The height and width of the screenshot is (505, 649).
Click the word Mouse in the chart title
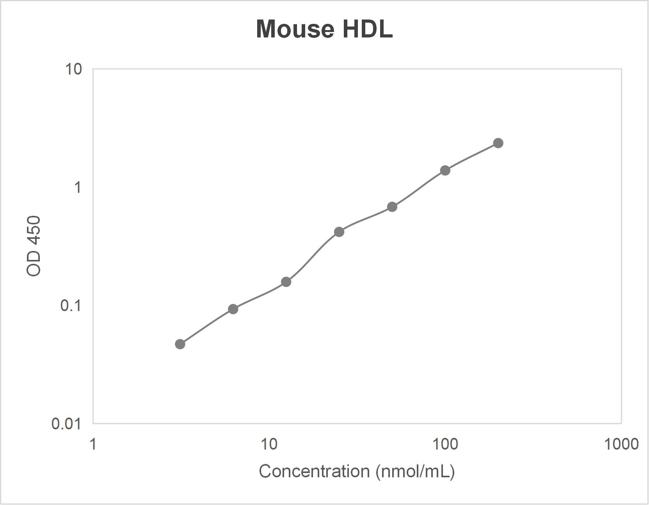(x=295, y=29)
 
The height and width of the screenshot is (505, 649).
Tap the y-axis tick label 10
(x=73, y=69)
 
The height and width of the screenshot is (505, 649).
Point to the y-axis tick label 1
(x=78, y=187)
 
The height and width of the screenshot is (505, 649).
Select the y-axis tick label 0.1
(x=71, y=305)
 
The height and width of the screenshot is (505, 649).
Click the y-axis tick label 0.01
(x=66, y=423)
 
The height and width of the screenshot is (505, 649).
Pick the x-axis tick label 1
(x=93, y=444)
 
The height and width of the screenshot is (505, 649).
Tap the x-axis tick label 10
(x=269, y=444)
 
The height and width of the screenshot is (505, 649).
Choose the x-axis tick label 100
(x=445, y=444)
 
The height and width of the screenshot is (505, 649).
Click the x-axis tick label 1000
(x=621, y=444)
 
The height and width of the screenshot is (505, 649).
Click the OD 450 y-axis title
(x=34, y=246)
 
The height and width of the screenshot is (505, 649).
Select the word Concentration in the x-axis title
(x=314, y=471)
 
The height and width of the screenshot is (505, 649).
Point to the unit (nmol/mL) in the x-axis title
(x=415, y=471)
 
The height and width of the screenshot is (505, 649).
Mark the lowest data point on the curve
(x=180, y=344)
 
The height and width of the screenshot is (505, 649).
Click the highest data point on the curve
(x=498, y=143)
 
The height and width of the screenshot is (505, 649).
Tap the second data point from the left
(x=233, y=309)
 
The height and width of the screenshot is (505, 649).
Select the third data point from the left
(x=286, y=282)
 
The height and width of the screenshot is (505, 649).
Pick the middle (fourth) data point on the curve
(x=339, y=232)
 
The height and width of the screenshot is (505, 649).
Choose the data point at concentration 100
(x=445, y=171)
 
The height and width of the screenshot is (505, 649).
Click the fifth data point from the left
(x=392, y=207)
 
